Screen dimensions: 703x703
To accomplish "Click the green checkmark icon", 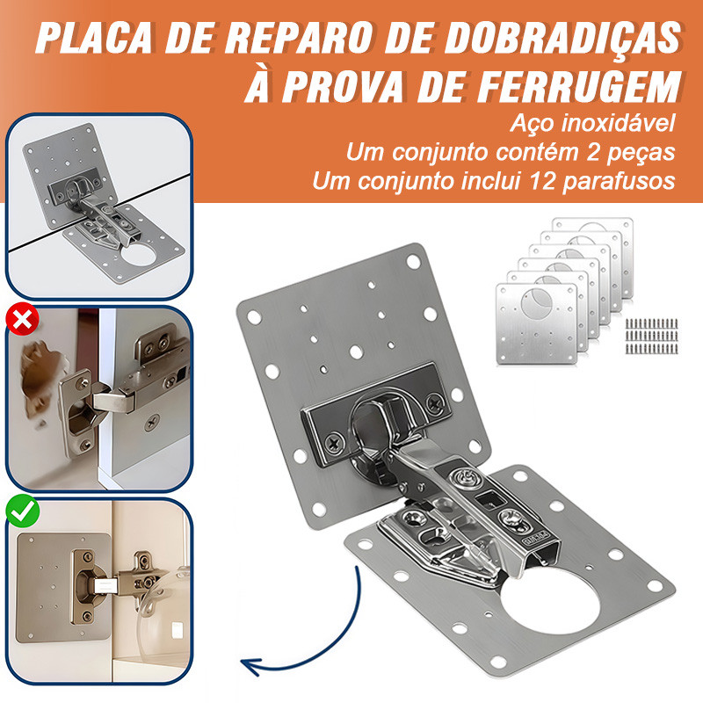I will tap(18, 511).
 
